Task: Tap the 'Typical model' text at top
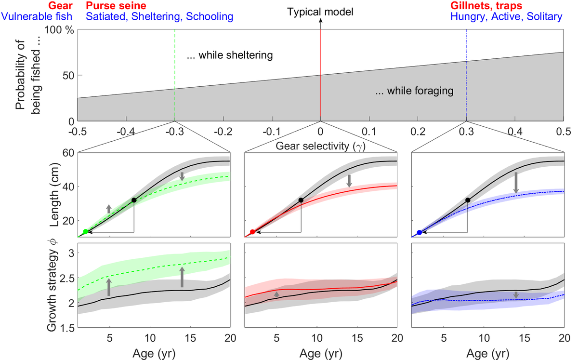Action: (x=320, y=11)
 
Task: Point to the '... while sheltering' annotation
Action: (x=230, y=55)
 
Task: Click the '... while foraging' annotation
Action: (x=415, y=90)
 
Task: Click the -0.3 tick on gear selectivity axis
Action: (x=174, y=131)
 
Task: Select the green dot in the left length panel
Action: (x=86, y=232)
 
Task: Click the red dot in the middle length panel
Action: (x=252, y=232)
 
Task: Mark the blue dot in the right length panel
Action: (x=420, y=232)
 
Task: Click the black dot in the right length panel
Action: (x=468, y=200)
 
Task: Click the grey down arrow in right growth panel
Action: (x=516, y=294)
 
